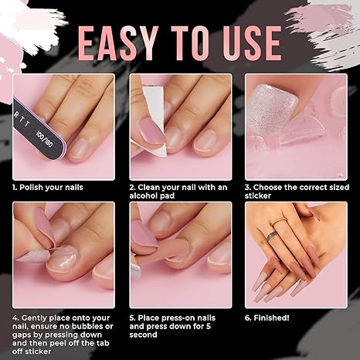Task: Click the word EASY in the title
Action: [x=118, y=43]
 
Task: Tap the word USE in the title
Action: [x=252, y=43]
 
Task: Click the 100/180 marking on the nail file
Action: [x=44, y=140]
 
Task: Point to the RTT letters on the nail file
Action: [x=22, y=120]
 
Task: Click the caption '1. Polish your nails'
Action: [x=48, y=187]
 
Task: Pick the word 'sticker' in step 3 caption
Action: [x=258, y=195]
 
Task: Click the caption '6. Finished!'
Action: [x=267, y=318]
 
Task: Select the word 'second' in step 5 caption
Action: [x=143, y=335]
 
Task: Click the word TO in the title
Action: [x=190, y=43]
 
